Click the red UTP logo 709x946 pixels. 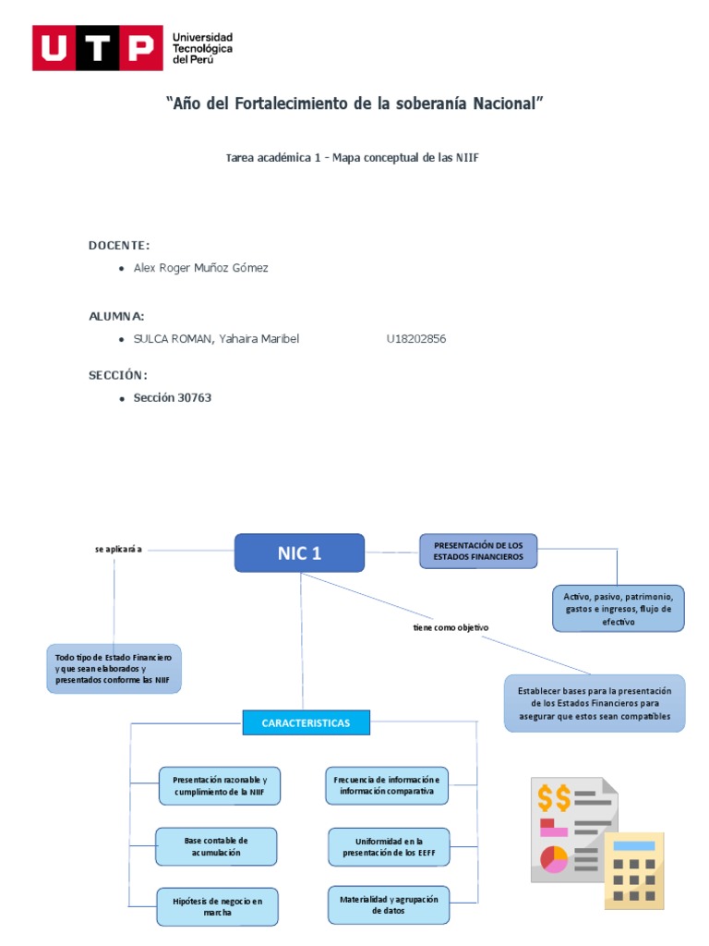pyautogui.click(x=93, y=48)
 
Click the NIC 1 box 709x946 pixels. pyautogui.click(x=299, y=553)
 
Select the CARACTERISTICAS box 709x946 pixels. pyautogui.click(x=306, y=722)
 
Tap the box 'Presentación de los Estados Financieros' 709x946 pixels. pyautogui.click(x=477, y=552)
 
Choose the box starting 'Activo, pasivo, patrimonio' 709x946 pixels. pyautogui.click(x=619, y=609)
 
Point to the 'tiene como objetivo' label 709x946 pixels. pyautogui.click(x=451, y=627)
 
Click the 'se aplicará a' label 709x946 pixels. pyautogui.click(x=118, y=549)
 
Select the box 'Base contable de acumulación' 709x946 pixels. pyautogui.click(x=215, y=846)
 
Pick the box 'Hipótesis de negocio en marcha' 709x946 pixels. pyautogui.click(x=217, y=906)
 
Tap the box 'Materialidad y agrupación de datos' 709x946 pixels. pyautogui.click(x=389, y=904)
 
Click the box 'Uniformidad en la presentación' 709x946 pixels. pyautogui.click(x=389, y=846)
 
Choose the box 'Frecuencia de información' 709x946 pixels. pyautogui.click(x=387, y=785)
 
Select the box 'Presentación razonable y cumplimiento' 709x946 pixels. pyautogui.click(x=219, y=785)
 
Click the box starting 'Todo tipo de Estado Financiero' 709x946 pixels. pyautogui.click(x=114, y=669)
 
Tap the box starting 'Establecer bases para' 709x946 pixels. pyautogui.click(x=595, y=704)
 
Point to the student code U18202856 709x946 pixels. pyautogui.click(x=415, y=339)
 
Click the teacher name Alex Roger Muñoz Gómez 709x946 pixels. pyautogui.click(x=200, y=268)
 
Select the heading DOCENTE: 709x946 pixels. pyautogui.click(x=118, y=245)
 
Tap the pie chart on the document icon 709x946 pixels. pyautogui.click(x=555, y=859)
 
